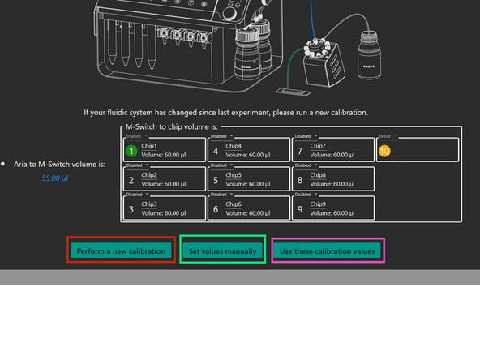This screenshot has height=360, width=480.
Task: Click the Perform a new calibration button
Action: (x=121, y=251)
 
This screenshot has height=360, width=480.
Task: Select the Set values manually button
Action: (x=222, y=251)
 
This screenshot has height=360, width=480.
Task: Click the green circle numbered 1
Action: (x=131, y=150)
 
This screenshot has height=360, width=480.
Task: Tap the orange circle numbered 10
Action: (x=384, y=150)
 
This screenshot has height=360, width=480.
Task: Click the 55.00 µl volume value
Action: (x=55, y=178)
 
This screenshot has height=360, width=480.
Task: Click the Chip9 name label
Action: (x=318, y=204)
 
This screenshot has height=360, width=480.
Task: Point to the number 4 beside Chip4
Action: (x=215, y=150)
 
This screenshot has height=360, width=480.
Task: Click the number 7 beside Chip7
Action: (x=299, y=150)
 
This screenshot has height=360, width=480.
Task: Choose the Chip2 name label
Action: (x=149, y=174)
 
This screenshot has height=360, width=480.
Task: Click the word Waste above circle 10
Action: (x=384, y=136)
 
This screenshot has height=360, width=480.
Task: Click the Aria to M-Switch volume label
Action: (x=59, y=164)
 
